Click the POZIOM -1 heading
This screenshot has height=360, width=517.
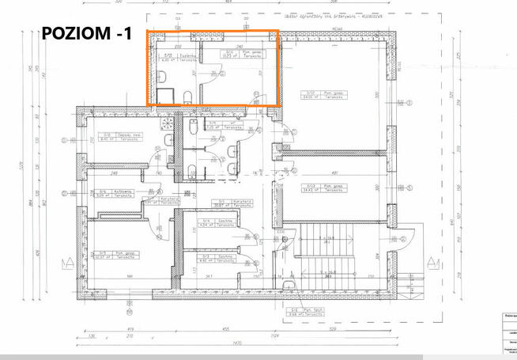point(88,35)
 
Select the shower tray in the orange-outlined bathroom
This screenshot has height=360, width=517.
point(166,96)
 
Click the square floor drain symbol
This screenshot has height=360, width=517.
point(167,123)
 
